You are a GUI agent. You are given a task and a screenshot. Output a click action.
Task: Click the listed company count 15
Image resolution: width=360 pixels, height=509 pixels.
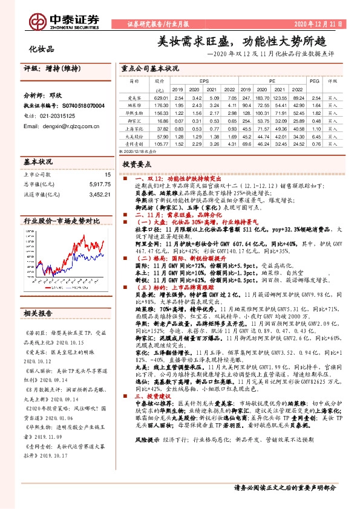(107, 174)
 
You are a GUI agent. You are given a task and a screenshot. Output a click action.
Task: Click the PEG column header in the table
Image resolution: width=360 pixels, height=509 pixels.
(313, 80)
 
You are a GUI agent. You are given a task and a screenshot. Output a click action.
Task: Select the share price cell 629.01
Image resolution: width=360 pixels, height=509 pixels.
(160, 97)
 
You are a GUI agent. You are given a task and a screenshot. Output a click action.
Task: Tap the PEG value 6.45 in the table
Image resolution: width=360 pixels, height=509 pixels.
(314, 97)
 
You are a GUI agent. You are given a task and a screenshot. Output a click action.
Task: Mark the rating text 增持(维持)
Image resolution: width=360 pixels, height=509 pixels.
(58, 68)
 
